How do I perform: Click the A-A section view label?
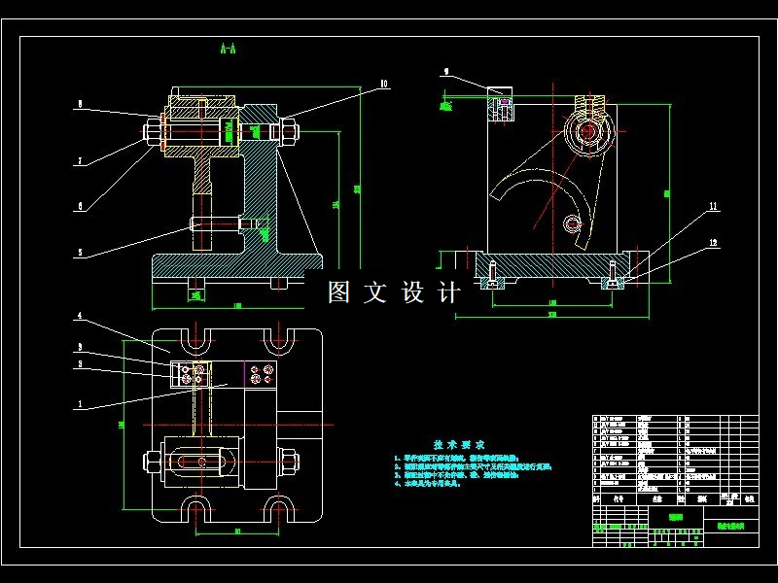229,48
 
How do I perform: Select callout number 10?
383,85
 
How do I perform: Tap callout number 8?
80,103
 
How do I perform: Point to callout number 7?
80,161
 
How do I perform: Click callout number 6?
80,205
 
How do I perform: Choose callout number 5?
80,255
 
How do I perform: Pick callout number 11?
712,207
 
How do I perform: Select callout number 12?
712,242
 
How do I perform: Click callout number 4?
80,317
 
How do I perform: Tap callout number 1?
80,403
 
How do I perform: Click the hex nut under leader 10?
289,130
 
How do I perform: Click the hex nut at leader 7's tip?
154,130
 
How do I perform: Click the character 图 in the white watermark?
338,292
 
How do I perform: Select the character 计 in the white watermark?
449,292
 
